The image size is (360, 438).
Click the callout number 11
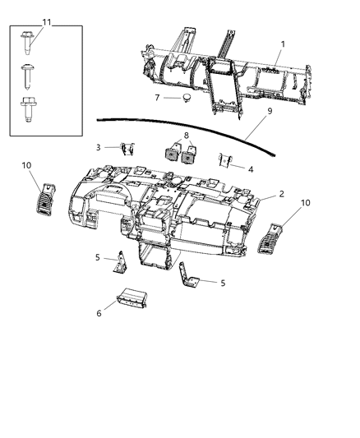[47, 22]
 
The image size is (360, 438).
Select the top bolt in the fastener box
[27, 43]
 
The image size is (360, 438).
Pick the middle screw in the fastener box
[28, 76]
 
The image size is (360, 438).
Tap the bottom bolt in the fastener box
[27, 109]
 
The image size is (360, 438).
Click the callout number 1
[283, 44]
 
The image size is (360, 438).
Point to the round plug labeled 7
[187, 98]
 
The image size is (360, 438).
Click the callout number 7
[157, 98]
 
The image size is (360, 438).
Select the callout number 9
[270, 111]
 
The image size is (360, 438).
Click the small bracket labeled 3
[127, 148]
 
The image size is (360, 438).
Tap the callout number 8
[187, 136]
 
